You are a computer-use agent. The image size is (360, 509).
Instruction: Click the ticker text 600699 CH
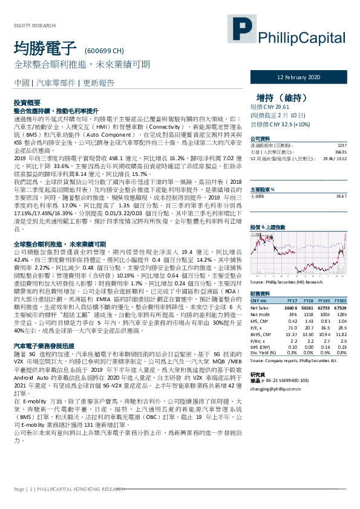click(x=105, y=50)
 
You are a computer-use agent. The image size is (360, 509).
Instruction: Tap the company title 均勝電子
click(x=45, y=48)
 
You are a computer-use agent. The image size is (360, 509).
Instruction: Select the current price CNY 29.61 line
click(x=273, y=105)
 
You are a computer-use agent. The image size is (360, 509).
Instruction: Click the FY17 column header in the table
click(x=292, y=300)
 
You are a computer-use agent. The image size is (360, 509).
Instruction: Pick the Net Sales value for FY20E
click(x=339, y=308)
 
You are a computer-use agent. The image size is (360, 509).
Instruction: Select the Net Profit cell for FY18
click(x=308, y=314)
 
